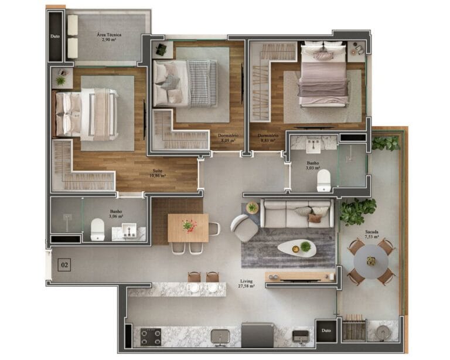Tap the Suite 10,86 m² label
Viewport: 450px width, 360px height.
click(x=156, y=174)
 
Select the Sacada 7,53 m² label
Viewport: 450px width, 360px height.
click(x=370, y=235)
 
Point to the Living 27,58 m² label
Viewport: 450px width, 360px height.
click(x=246, y=284)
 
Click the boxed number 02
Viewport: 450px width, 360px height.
click(x=64, y=265)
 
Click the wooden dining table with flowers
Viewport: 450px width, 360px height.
click(x=187, y=227)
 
